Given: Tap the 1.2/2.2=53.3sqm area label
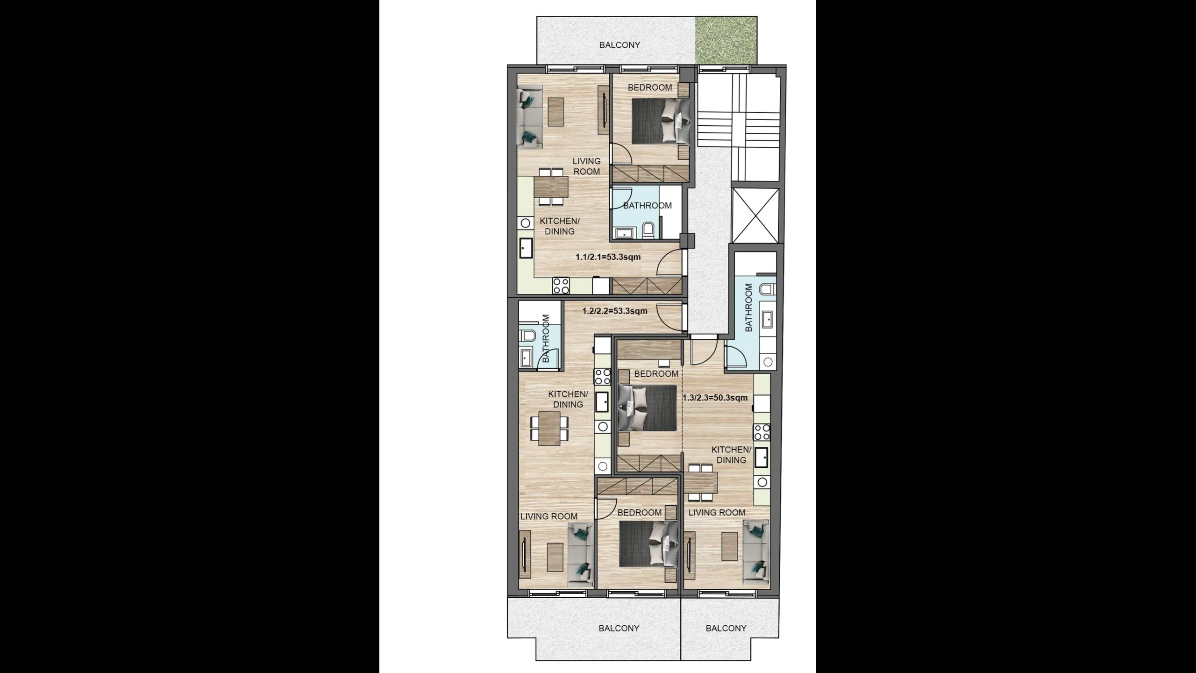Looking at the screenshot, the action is [x=615, y=311].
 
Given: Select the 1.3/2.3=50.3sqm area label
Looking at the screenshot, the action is [x=715, y=398].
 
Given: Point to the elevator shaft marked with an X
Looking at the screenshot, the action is [x=755, y=215].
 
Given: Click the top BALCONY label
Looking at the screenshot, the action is [x=619, y=45].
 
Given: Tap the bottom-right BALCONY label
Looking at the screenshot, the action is [x=726, y=628].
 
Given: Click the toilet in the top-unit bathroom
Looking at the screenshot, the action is [x=648, y=231].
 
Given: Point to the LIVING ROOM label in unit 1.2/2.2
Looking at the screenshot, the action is [x=549, y=516].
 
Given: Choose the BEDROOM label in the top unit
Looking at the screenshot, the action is [x=650, y=87].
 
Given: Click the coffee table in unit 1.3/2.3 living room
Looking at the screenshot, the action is [x=729, y=546].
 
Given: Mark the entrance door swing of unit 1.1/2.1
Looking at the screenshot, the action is [x=669, y=262].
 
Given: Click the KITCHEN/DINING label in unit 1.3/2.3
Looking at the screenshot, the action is [x=731, y=455].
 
